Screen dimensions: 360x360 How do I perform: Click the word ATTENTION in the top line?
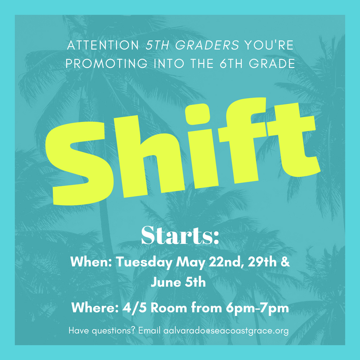[x=103, y=45]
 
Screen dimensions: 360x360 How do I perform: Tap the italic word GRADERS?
[x=207, y=45]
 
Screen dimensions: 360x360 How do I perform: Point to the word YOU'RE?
[x=269, y=45]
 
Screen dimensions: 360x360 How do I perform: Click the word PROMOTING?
[x=107, y=63]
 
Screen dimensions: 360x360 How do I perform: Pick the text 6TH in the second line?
[x=231, y=63]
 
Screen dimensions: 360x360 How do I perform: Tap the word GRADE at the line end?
[x=272, y=63]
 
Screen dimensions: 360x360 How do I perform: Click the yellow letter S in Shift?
[x=79, y=163]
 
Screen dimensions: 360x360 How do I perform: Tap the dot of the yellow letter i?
[x=198, y=114]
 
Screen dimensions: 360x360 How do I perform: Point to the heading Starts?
[x=180, y=235]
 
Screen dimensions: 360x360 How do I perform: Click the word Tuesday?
[x=144, y=262]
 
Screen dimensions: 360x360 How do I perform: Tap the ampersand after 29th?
[x=285, y=262]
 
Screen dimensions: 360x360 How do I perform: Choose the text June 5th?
[x=178, y=282]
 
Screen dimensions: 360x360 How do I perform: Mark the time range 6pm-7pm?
[x=257, y=308]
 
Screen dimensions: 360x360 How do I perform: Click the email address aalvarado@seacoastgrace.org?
[x=226, y=331]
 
